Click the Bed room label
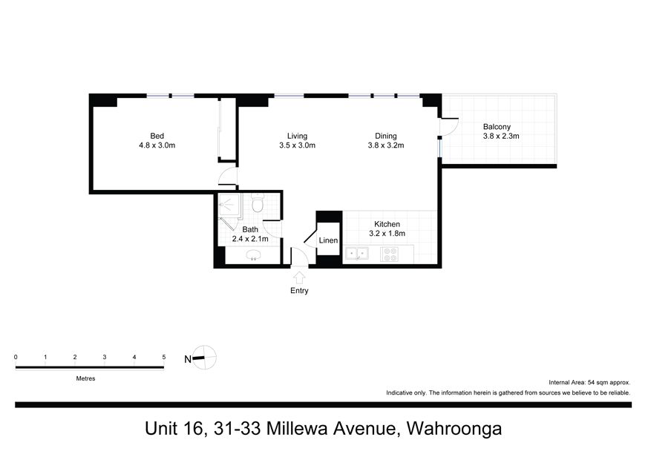[x=157, y=136]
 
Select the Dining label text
[x=385, y=136]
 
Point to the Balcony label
[x=497, y=126]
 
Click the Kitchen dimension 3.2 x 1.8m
[x=387, y=234]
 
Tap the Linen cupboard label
[x=328, y=240]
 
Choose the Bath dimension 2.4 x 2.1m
[x=249, y=239]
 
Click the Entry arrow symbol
[x=299, y=276]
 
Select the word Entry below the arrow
[x=299, y=291]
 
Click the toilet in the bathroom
[x=258, y=203]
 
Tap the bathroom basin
[x=254, y=256]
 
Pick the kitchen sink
[x=356, y=254]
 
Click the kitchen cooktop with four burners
[x=390, y=254]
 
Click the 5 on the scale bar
[x=163, y=357]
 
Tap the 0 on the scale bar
[x=16, y=357]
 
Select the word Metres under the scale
[x=85, y=378]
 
